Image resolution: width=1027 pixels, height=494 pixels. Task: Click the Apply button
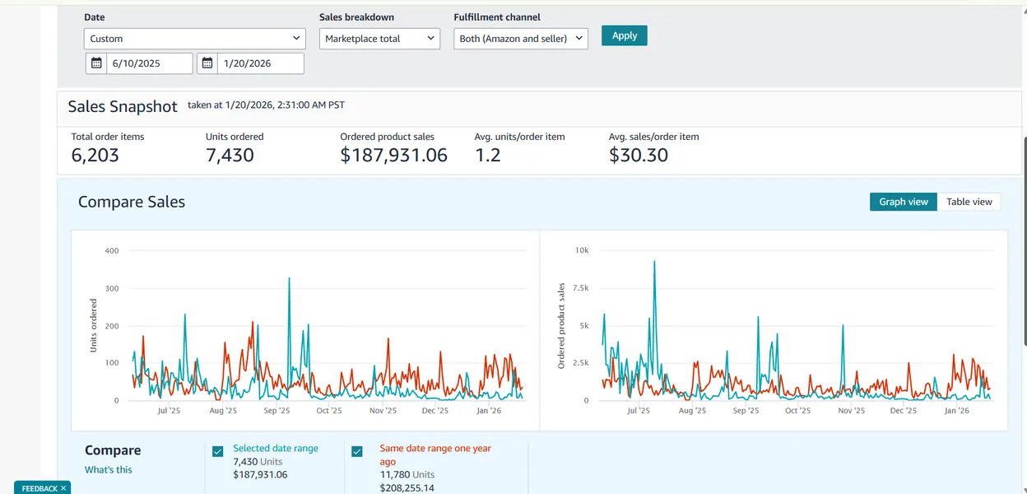coord(624,35)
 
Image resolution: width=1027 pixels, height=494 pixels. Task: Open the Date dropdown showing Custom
coord(194,39)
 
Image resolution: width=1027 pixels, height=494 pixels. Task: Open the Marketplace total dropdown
coord(379,39)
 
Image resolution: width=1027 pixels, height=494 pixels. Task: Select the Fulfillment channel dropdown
coord(521,39)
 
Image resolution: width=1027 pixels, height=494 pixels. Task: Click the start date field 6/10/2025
coord(150,63)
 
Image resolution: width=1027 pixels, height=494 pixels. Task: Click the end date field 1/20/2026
coord(260,63)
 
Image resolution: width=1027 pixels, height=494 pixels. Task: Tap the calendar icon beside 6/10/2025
coord(96,63)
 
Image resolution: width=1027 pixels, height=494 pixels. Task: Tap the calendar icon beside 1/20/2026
coord(207,63)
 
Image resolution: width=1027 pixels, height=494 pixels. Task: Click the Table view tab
coord(969,202)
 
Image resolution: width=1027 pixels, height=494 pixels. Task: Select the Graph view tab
coord(904,202)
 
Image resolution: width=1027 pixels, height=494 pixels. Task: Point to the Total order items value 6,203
coord(95,155)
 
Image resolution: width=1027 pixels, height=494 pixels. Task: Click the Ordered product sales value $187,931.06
coord(393,155)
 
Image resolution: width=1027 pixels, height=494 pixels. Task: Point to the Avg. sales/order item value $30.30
coord(639,155)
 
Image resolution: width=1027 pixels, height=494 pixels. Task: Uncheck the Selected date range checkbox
coord(218,451)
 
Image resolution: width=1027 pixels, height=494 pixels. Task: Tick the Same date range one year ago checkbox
coord(357,451)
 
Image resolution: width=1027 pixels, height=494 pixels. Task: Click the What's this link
coord(108,469)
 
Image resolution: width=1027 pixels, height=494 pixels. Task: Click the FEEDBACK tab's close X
coord(63,488)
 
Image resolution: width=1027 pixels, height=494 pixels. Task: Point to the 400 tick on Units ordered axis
coord(112,251)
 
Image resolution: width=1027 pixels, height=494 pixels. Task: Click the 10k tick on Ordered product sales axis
coord(582,250)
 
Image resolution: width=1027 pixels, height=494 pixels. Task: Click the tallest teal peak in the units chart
coord(289,279)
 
